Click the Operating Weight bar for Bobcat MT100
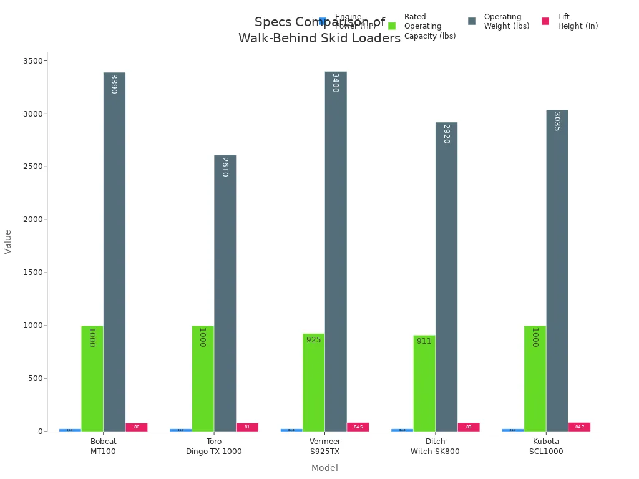pyautogui.click(x=114, y=249)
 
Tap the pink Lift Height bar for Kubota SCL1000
pyautogui.click(x=579, y=427)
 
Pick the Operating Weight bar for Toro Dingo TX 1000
pyautogui.click(x=225, y=293)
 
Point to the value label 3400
pyautogui.click(x=335, y=83)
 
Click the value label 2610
pyautogui.click(x=225, y=167)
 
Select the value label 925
pyautogui.click(x=313, y=340)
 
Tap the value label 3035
pyautogui.click(x=557, y=121)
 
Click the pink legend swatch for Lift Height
pyautogui.click(x=545, y=21)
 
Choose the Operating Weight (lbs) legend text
pyautogui.click(x=506, y=21)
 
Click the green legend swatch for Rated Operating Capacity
pyautogui.click(x=392, y=26)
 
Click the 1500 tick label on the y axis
pyautogui.click(x=33, y=273)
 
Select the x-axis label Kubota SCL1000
pyautogui.click(x=546, y=447)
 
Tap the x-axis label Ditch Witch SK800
pyautogui.click(x=435, y=447)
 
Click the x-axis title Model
pyautogui.click(x=324, y=468)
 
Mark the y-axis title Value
pyautogui.click(x=8, y=241)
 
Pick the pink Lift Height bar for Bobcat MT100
pyautogui.click(x=137, y=427)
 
